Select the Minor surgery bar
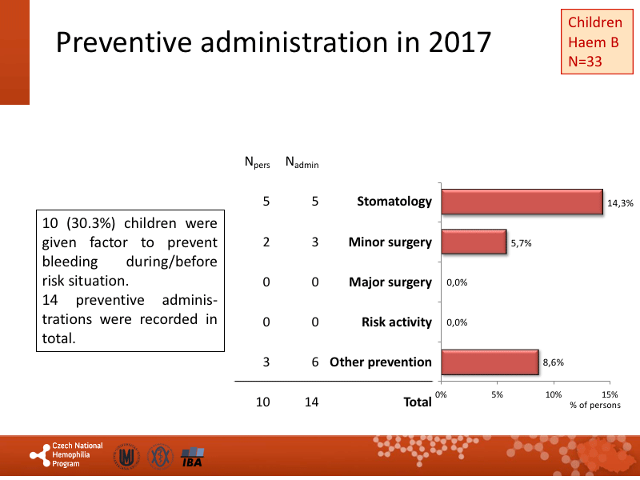[474, 242]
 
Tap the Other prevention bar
[490, 362]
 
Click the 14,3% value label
[620, 204]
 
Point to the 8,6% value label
[553, 362]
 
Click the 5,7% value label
[521, 242]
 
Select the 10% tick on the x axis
[553, 394]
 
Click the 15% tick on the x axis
[610, 394]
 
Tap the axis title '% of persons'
[594, 406]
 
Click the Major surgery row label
[390, 282]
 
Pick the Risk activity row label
[396, 322]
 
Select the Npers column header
[257, 163]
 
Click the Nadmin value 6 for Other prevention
[315, 362]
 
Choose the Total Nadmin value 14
[311, 402]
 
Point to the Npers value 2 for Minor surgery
[266, 242]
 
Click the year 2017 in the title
[458, 42]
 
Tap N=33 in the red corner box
[586, 62]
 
